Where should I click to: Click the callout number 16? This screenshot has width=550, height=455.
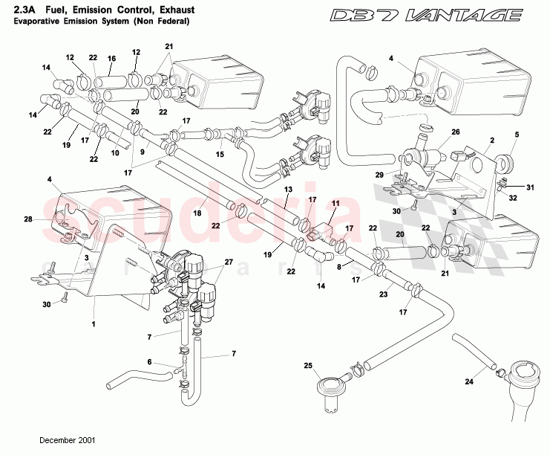[x=111, y=58]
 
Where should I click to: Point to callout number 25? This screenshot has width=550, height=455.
[x=308, y=365]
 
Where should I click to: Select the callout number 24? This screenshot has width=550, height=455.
[x=468, y=382]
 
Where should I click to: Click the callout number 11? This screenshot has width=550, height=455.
[x=335, y=203]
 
